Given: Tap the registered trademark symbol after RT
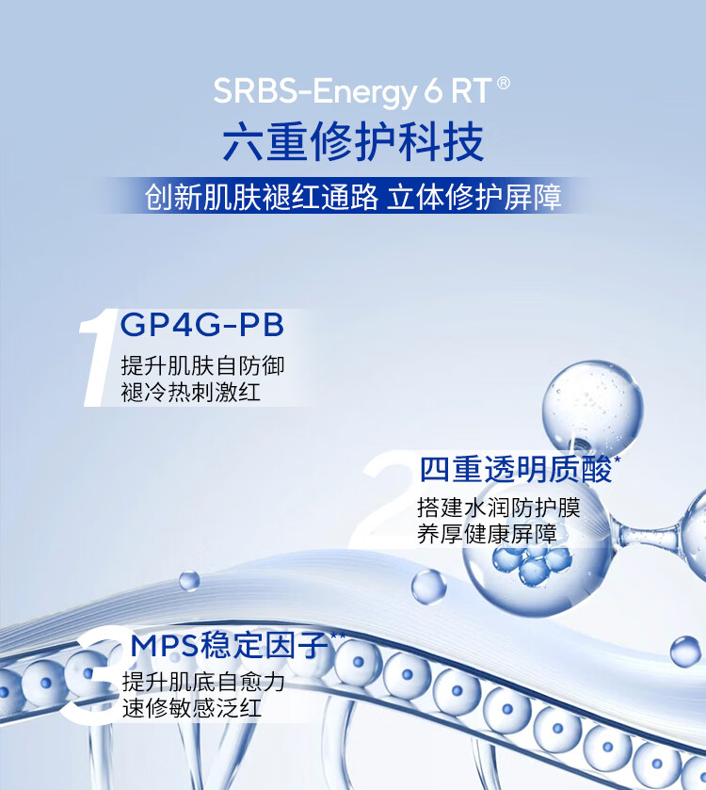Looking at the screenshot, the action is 504,83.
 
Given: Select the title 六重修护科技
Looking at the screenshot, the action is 353,141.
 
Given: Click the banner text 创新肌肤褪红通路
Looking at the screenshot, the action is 261,197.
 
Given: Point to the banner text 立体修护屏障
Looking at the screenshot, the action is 473,197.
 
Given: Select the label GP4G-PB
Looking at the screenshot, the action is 202,325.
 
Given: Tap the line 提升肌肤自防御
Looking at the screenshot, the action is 202,365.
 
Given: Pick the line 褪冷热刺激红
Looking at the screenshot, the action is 191,392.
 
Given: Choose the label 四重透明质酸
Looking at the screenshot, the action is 515,470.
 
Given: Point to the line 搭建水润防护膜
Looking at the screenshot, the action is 499,508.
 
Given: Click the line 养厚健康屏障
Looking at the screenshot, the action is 487,534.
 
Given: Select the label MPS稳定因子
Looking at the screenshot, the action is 230,645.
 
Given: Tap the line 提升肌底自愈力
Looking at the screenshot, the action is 203,682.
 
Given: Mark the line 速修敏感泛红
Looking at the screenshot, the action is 192,708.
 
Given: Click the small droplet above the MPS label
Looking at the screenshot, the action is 189,580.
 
